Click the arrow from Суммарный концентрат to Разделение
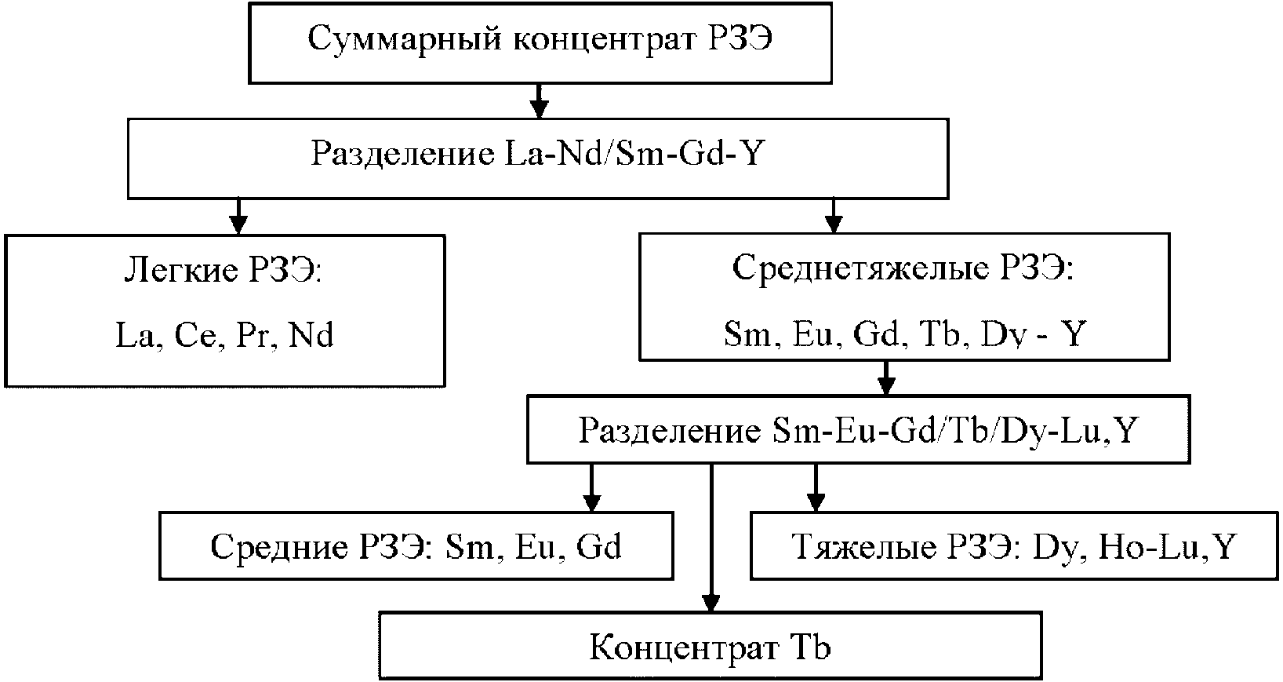(x=538, y=99)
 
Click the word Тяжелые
(x=851, y=546)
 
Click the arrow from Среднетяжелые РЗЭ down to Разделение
(x=886, y=378)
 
